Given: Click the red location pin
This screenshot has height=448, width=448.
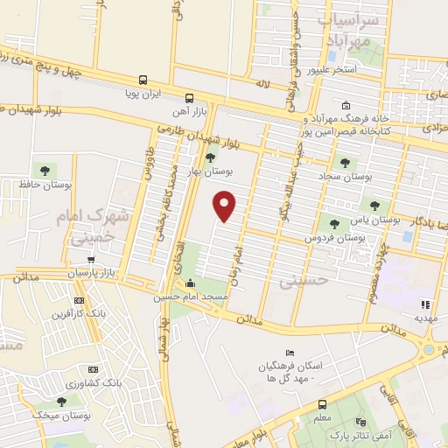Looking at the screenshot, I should tap(226, 206).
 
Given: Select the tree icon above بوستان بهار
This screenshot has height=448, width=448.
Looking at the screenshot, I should tap(210, 157).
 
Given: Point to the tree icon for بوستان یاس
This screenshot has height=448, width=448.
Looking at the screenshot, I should tap(375, 206).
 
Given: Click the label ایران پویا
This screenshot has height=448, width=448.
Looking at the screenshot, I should tap(143, 91).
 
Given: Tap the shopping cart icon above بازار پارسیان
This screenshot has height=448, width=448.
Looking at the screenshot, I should tap(92, 259).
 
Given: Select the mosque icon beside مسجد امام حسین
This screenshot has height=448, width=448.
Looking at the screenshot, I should tap(192, 283).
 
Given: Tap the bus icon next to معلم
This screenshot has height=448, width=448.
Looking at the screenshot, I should tap(320, 404).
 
